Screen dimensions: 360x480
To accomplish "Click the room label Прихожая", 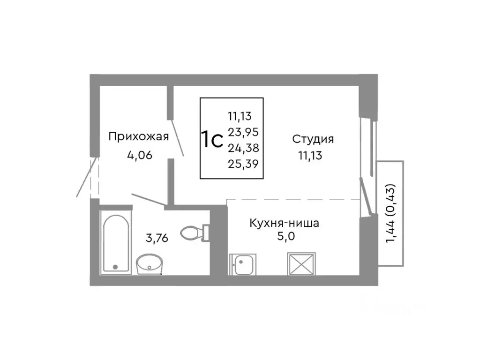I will point(138,137).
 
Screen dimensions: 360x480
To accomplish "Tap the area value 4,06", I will point(139,156).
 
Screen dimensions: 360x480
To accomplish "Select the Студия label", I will point(313,139).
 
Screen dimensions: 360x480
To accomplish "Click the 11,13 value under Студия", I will point(310,156).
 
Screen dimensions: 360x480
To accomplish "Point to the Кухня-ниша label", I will point(285,223).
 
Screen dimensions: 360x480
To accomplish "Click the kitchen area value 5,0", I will point(285,237).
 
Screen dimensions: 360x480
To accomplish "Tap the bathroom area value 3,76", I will point(157,238).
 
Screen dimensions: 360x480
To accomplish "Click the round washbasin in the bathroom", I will point(149,264).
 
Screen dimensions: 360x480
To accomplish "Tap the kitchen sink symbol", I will point(242,265).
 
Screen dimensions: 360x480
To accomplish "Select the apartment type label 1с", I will point(211,139).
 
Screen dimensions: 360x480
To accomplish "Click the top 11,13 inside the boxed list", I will point(240,116).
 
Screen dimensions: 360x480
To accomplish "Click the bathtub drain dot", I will point(115,267).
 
